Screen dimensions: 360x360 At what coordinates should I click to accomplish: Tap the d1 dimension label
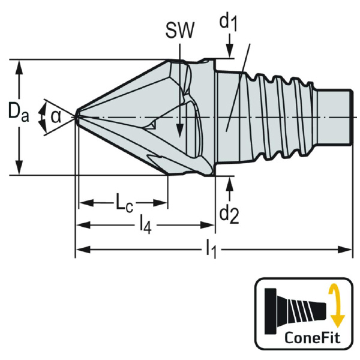coord(228,23)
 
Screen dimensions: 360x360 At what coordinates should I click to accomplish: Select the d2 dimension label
coord(229,212)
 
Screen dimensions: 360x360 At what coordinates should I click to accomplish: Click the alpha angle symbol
coord(55,115)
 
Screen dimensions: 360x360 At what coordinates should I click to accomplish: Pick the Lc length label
coord(124,203)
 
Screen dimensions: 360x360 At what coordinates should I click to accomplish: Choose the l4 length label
coord(145,225)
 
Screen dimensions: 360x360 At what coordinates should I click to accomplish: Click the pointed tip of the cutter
coord(77,115)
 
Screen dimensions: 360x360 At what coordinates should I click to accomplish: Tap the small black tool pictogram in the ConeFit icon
coord(296,306)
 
